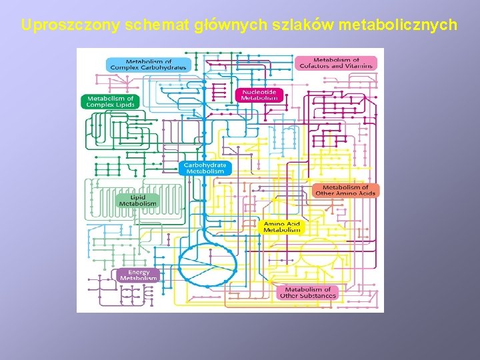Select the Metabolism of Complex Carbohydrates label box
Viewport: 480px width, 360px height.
pos(149,65)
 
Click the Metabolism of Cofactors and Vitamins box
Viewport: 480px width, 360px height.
pos(336,63)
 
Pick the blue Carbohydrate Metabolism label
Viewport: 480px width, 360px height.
pos(205,168)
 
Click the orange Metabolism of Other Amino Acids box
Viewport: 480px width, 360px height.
pos(345,191)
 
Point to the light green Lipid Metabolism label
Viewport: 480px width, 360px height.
pos(138,200)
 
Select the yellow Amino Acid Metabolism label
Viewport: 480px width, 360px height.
pos(282,227)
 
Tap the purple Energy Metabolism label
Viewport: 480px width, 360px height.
pos(139,275)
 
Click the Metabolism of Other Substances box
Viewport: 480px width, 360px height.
pos(308,293)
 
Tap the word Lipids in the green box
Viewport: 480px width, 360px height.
pos(124,105)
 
